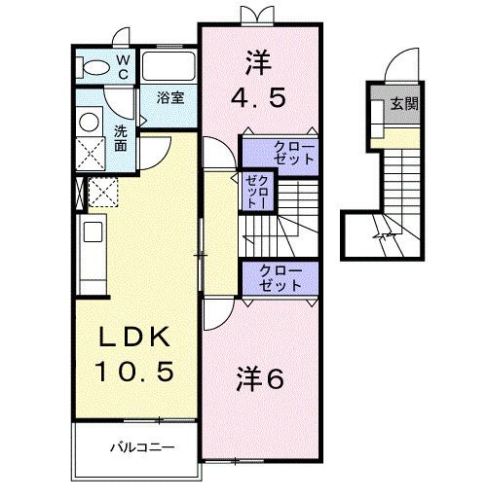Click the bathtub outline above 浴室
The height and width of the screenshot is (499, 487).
[x=169, y=67]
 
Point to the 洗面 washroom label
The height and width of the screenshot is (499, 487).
[x=120, y=138]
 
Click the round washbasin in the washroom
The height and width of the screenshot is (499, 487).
[x=91, y=122]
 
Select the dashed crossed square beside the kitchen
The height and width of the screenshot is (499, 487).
[x=102, y=192]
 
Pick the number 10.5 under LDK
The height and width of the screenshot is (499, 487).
[x=136, y=371]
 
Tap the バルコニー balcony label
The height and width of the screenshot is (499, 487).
[x=140, y=450]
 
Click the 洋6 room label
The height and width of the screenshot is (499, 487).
[x=259, y=378]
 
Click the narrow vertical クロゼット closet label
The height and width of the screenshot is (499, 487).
[x=255, y=191]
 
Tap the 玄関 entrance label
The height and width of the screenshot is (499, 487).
[x=404, y=103]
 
